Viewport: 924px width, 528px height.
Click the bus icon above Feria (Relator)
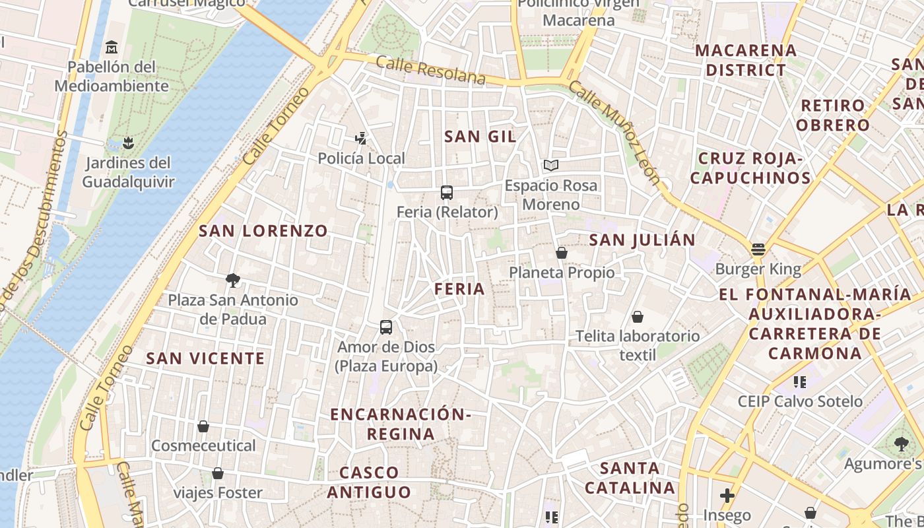click(447, 193)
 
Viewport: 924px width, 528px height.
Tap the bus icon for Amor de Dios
click(386, 327)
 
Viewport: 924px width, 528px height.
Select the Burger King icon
click(758, 249)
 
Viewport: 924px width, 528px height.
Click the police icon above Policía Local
click(360, 139)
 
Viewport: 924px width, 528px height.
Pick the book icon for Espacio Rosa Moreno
click(550, 166)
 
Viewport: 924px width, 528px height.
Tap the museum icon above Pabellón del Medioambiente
click(112, 48)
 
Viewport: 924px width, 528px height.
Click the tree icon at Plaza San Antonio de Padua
click(232, 280)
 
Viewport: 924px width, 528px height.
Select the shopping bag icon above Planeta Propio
click(561, 253)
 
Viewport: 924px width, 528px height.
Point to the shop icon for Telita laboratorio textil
click(637, 317)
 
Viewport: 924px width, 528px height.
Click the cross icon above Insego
click(727, 496)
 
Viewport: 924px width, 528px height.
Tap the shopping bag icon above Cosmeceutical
click(203, 426)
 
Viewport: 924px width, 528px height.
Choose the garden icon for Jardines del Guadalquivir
click(128, 143)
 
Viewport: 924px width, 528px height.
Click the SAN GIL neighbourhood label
click(480, 137)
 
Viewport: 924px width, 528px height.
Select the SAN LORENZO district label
click(263, 231)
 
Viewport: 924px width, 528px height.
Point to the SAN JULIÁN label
click(642, 240)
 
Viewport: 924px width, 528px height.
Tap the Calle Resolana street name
click(430, 70)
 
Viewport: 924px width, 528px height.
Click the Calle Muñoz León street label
click(614, 133)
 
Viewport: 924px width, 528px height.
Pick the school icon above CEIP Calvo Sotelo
click(800, 381)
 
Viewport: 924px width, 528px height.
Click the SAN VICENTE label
click(205, 358)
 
